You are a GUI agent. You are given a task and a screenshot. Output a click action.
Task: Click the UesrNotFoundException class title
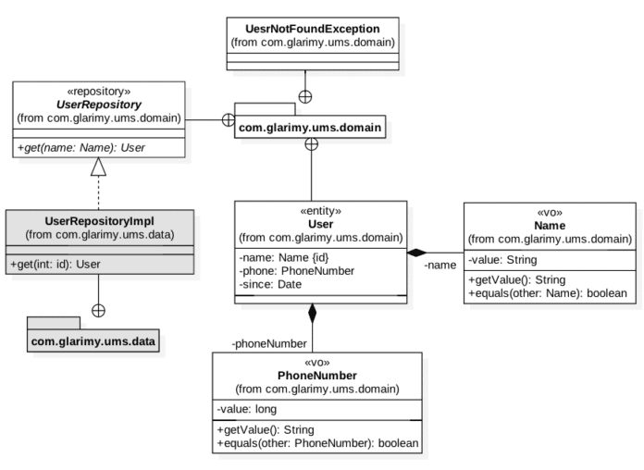click(x=313, y=28)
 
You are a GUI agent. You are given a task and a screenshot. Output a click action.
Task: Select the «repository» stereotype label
click(x=100, y=92)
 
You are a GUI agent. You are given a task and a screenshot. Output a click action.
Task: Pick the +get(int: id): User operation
click(x=58, y=265)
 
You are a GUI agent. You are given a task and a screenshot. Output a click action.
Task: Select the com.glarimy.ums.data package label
click(x=93, y=341)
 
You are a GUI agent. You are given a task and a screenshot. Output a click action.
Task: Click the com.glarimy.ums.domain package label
click(x=310, y=128)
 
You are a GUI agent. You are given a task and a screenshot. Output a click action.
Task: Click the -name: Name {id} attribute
click(x=279, y=258)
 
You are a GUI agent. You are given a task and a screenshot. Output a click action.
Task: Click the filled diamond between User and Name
click(x=416, y=252)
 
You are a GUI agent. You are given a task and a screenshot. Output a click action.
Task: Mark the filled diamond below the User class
click(x=313, y=313)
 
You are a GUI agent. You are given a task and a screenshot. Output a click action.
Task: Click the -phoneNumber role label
click(x=269, y=343)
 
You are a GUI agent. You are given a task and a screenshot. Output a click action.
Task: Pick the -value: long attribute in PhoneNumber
click(x=247, y=409)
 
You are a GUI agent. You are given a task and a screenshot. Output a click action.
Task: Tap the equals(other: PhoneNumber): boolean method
click(x=317, y=443)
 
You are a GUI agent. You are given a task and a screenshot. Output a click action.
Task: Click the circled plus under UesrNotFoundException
click(x=304, y=96)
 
